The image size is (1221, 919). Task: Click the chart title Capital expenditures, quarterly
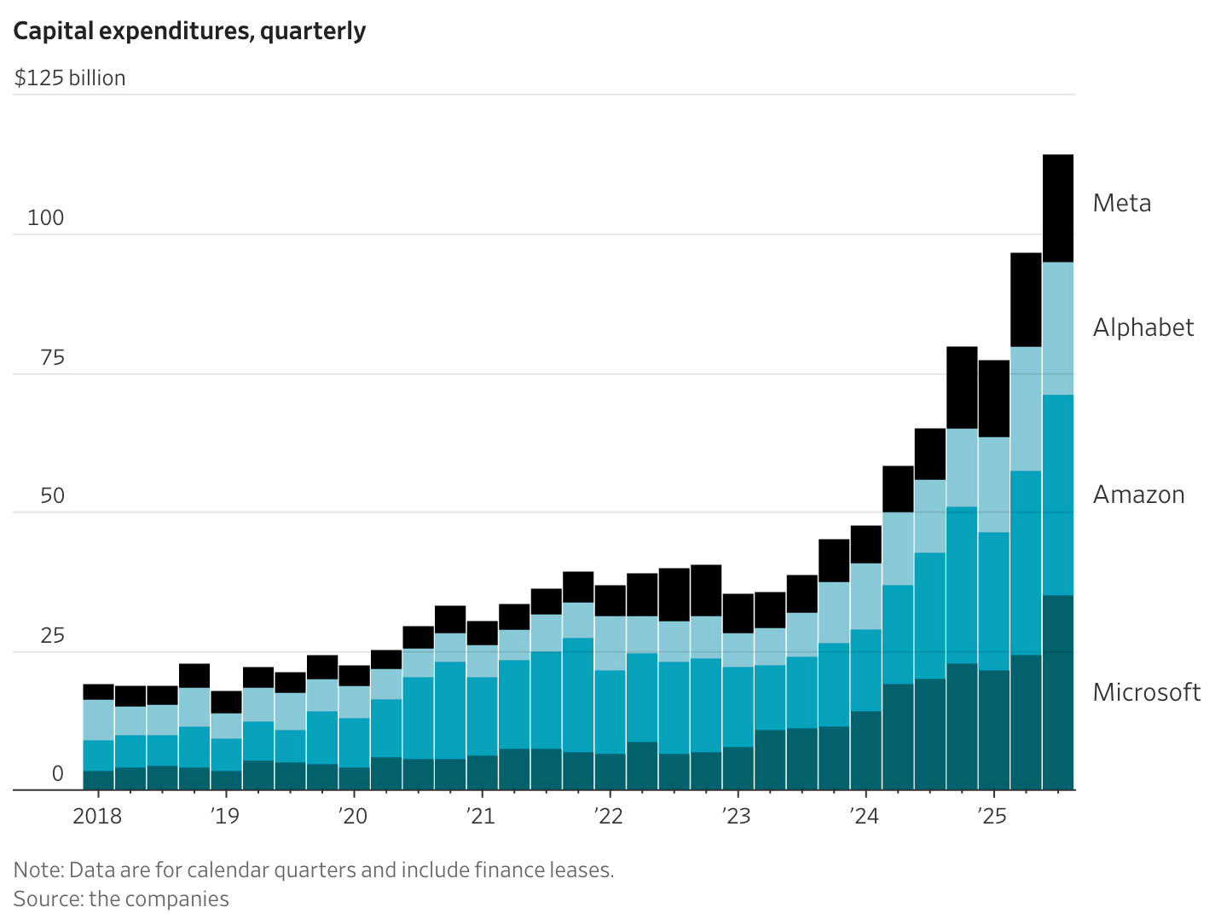pyautogui.click(x=189, y=31)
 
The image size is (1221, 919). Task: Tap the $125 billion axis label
pyautogui.click(x=70, y=78)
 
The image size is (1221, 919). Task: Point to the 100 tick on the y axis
pyautogui.click(x=46, y=217)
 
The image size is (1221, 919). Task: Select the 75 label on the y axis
pyautogui.click(x=52, y=357)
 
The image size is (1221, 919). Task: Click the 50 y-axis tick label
pyautogui.click(x=52, y=495)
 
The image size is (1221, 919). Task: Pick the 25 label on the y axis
pyautogui.click(x=52, y=635)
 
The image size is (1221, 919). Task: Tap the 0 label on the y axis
pyautogui.click(x=58, y=773)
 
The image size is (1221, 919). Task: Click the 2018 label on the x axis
pyautogui.click(x=97, y=816)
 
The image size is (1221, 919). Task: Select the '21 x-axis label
pyautogui.click(x=481, y=816)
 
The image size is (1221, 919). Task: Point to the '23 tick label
pyautogui.click(x=736, y=816)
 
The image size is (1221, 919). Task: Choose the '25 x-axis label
pyautogui.click(x=992, y=816)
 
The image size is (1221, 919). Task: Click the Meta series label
pyautogui.click(x=1122, y=203)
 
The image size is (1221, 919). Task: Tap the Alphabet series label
pyautogui.click(x=1143, y=327)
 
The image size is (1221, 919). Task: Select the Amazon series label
pyautogui.click(x=1139, y=494)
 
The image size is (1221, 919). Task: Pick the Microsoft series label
pyautogui.click(x=1147, y=692)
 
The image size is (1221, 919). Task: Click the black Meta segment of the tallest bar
pyautogui.click(x=1058, y=208)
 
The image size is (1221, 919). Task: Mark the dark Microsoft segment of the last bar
pyautogui.click(x=1058, y=692)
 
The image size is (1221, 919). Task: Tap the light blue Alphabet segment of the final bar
pyautogui.click(x=1058, y=327)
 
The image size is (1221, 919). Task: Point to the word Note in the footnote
pyautogui.click(x=37, y=870)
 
